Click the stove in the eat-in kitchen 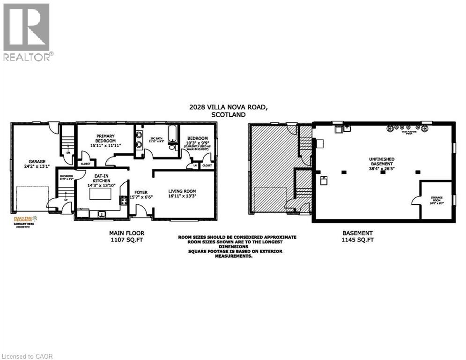point(124,201)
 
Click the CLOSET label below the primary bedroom point(86,164)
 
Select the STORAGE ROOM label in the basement point(436,200)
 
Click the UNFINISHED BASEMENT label point(384,162)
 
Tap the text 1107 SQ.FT point(126,240)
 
